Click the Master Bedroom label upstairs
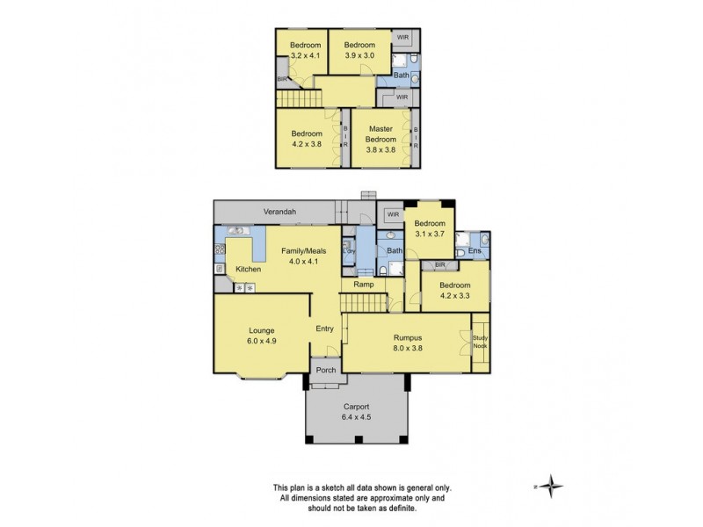(x=381, y=134)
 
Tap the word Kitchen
(x=248, y=269)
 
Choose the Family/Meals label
(x=303, y=250)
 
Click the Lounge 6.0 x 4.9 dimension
(x=261, y=343)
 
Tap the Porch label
(x=326, y=370)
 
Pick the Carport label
(x=356, y=407)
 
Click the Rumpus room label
(x=407, y=336)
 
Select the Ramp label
(x=364, y=285)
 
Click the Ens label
(x=475, y=252)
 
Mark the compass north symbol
(x=552, y=485)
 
